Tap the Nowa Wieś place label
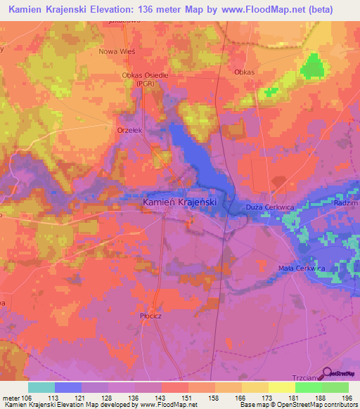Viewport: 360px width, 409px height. coord(117,51)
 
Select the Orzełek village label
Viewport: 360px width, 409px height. coord(129,129)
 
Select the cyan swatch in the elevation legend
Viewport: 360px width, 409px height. coord(41,387)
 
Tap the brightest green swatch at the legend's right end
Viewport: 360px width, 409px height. coord(335,387)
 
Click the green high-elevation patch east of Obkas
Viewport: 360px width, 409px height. coord(314,68)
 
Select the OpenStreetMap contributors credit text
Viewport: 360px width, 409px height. coord(314,405)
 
